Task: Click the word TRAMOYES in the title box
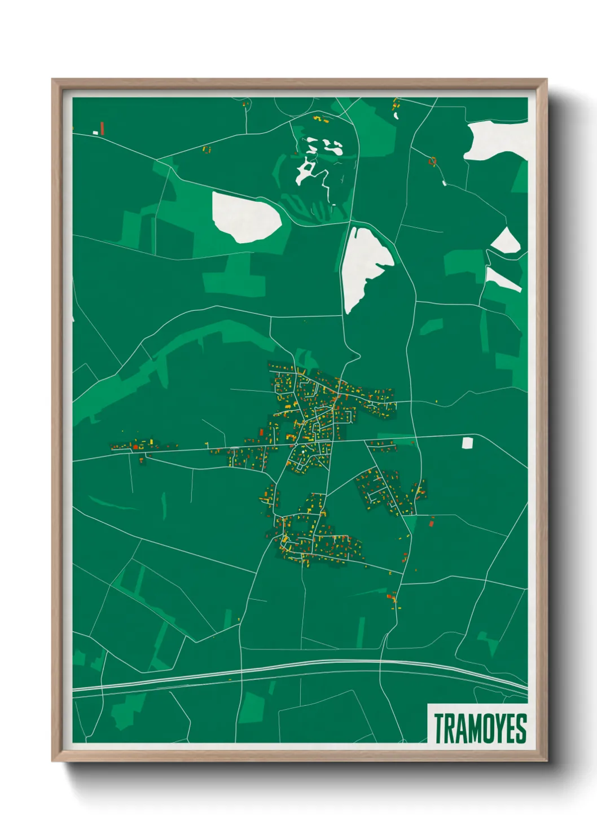tap(480, 728)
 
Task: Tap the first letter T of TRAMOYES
tap(438, 728)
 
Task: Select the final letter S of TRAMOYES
tap(521, 728)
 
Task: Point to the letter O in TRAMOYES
tap(486, 728)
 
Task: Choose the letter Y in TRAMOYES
tap(498, 728)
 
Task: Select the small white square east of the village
tap(467, 443)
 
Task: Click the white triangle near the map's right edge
tap(506, 241)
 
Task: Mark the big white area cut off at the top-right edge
tap(497, 139)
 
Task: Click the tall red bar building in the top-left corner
tap(102, 128)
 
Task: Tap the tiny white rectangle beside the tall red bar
tap(95, 133)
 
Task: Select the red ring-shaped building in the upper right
tap(433, 161)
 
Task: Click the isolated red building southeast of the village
tap(432, 524)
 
